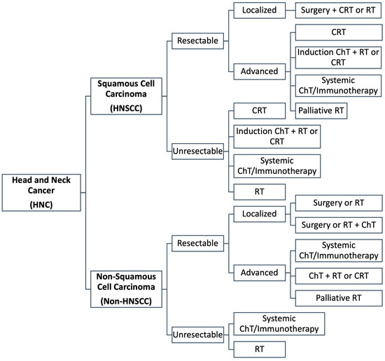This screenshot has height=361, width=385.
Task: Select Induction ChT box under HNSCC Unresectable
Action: [x=278, y=135]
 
